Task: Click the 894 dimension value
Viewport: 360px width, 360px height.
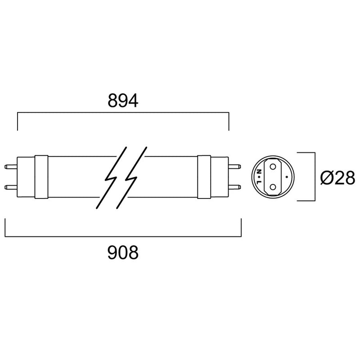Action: click(123, 101)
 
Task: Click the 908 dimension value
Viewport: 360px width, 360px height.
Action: click(123, 253)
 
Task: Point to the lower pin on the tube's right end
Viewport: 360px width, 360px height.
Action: click(235, 186)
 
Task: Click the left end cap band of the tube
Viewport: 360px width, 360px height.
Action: click(41, 177)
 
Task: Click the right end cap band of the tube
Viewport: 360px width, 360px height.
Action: click(204, 177)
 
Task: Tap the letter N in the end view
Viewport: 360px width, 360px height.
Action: click(259, 171)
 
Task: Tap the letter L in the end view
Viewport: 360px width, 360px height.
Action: click(259, 183)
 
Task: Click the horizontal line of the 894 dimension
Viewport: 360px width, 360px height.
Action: click(123, 114)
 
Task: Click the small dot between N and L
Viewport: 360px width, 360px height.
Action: click(259, 177)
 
